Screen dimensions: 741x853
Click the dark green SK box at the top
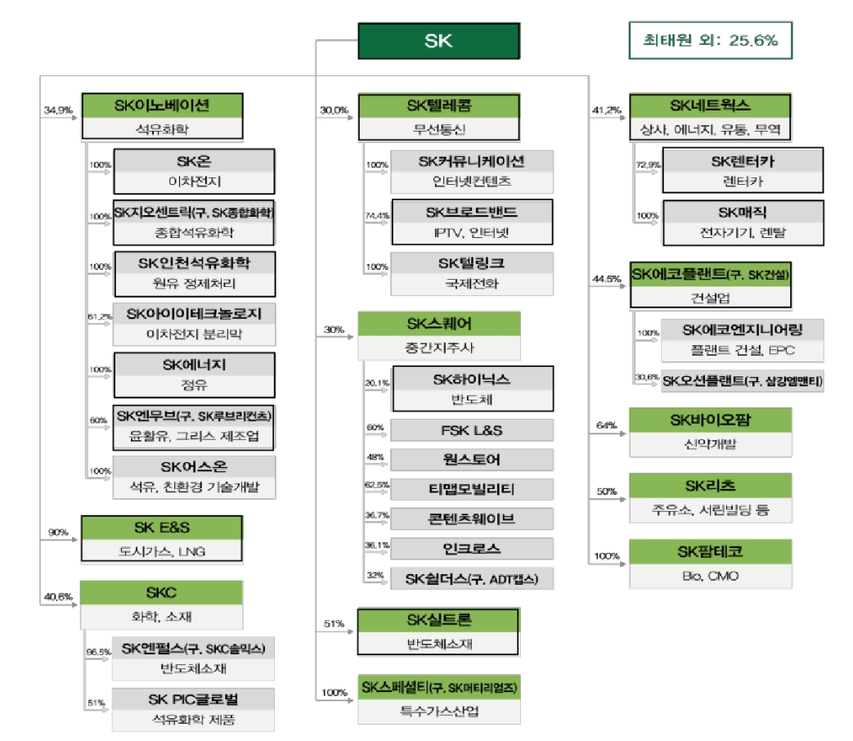click(438, 41)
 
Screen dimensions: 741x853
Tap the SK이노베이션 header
click(161, 106)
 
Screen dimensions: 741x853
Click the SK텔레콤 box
click(438, 116)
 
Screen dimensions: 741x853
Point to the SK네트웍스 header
click(710, 106)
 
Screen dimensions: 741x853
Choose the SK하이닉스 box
click(472, 388)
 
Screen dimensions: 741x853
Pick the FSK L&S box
click(472, 430)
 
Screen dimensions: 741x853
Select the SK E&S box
click(161, 538)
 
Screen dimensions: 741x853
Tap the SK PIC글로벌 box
click(193, 709)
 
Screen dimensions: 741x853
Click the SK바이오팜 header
click(710, 420)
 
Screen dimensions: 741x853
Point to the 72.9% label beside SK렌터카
click(647, 165)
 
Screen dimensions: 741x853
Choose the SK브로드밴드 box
click(472, 222)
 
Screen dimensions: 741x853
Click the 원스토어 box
click(472, 460)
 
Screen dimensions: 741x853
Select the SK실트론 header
click(438, 621)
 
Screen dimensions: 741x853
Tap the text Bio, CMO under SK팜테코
click(710, 576)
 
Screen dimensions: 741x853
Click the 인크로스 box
click(472, 548)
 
